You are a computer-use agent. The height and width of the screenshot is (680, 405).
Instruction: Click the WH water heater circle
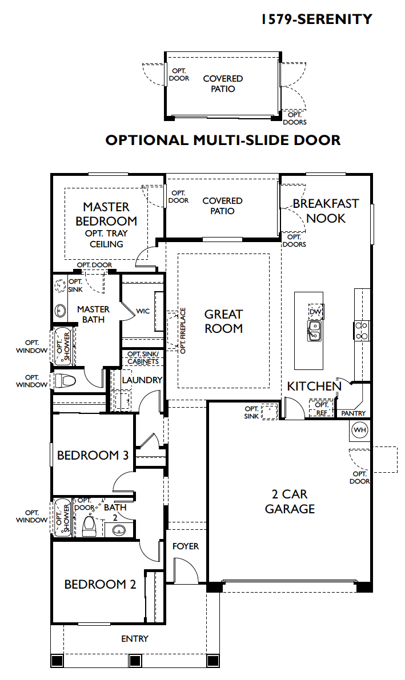click(x=360, y=430)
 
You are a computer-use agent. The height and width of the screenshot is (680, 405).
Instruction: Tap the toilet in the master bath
click(x=65, y=381)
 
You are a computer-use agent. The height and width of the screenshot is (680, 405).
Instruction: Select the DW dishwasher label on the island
click(x=315, y=311)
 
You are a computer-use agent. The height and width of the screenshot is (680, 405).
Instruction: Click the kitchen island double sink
click(x=314, y=330)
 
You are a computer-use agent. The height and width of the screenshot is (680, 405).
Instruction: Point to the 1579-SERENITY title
click(x=317, y=19)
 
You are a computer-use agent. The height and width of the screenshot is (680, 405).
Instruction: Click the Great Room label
click(x=223, y=321)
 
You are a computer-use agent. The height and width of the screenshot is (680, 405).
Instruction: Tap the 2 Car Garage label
click(x=290, y=501)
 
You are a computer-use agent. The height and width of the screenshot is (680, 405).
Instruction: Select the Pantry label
click(x=354, y=413)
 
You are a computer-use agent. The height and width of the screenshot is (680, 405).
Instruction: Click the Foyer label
click(x=185, y=546)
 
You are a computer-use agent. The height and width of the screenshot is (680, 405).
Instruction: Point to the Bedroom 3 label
click(x=93, y=456)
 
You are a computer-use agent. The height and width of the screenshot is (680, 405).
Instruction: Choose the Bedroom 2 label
click(x=101, y=585)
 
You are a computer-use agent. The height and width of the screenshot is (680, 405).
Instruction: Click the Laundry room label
click(x=142, y=380)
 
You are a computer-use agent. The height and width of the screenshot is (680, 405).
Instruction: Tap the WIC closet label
click(x=143, y=311)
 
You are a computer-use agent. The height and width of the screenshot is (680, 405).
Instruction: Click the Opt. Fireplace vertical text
click(x=183, y=331)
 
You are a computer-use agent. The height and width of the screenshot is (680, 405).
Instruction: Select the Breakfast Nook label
click(x=326, y=211)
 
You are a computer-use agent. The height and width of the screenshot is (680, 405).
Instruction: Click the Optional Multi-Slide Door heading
click(x=223, y=140)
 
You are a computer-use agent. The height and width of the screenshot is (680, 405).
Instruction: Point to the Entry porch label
click(x=135, y=639)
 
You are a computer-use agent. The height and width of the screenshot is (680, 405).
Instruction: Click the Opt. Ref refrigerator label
click(x=322, y=409)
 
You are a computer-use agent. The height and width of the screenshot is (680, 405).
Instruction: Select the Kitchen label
click(x=314, y=386)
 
